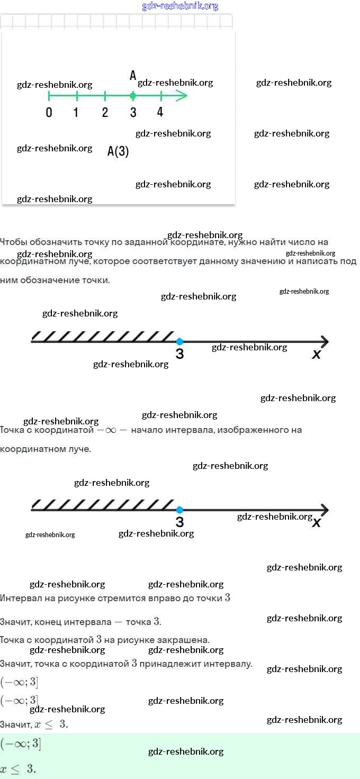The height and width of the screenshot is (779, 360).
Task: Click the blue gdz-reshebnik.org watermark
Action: (x=180, y=6)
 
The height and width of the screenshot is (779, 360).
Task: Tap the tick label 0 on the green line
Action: (x=49, y=112)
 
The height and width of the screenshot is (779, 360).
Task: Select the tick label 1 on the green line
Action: (x=76, y=112)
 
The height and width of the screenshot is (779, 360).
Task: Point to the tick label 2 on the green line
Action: (x=105, y=112)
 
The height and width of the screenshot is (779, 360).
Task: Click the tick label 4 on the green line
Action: (x=160, y=112)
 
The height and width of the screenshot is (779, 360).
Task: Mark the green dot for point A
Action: (x=133, y=96)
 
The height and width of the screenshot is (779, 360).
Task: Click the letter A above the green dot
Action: (x=133, y=76)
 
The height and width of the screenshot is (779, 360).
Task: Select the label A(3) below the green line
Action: (x=118, y=152)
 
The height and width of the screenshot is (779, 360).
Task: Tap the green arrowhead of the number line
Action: (x=182, y=96)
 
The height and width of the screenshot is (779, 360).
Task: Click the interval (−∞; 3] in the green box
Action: (x=20, y=744)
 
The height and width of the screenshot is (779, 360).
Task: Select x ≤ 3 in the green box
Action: (x=18, y=769)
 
